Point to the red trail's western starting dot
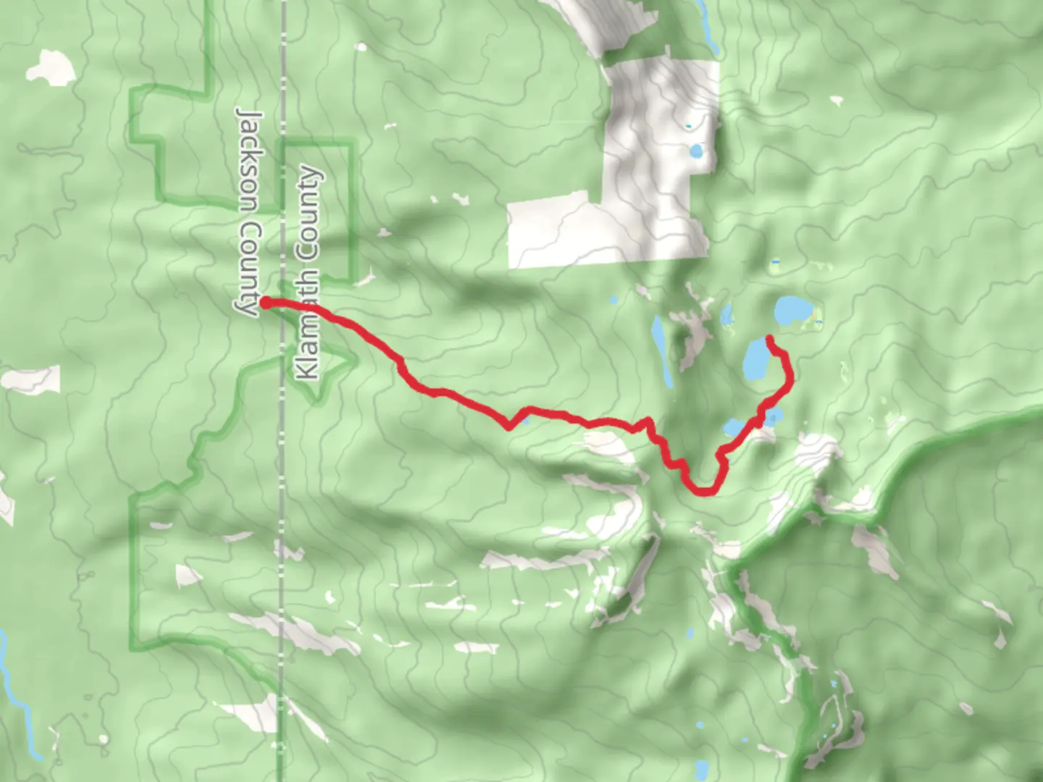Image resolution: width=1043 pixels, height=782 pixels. pyautogui.click(x=265, y=303)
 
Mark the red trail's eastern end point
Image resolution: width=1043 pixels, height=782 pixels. pyautogui.click(x=769, y=339)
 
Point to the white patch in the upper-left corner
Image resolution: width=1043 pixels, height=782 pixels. pyautogui.click(x=51, y=66)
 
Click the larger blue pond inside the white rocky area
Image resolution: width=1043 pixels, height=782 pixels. pyautogui.click(x=696, y=152)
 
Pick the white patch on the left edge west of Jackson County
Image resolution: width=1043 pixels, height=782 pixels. pyautogui.click(x=33, y=379)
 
